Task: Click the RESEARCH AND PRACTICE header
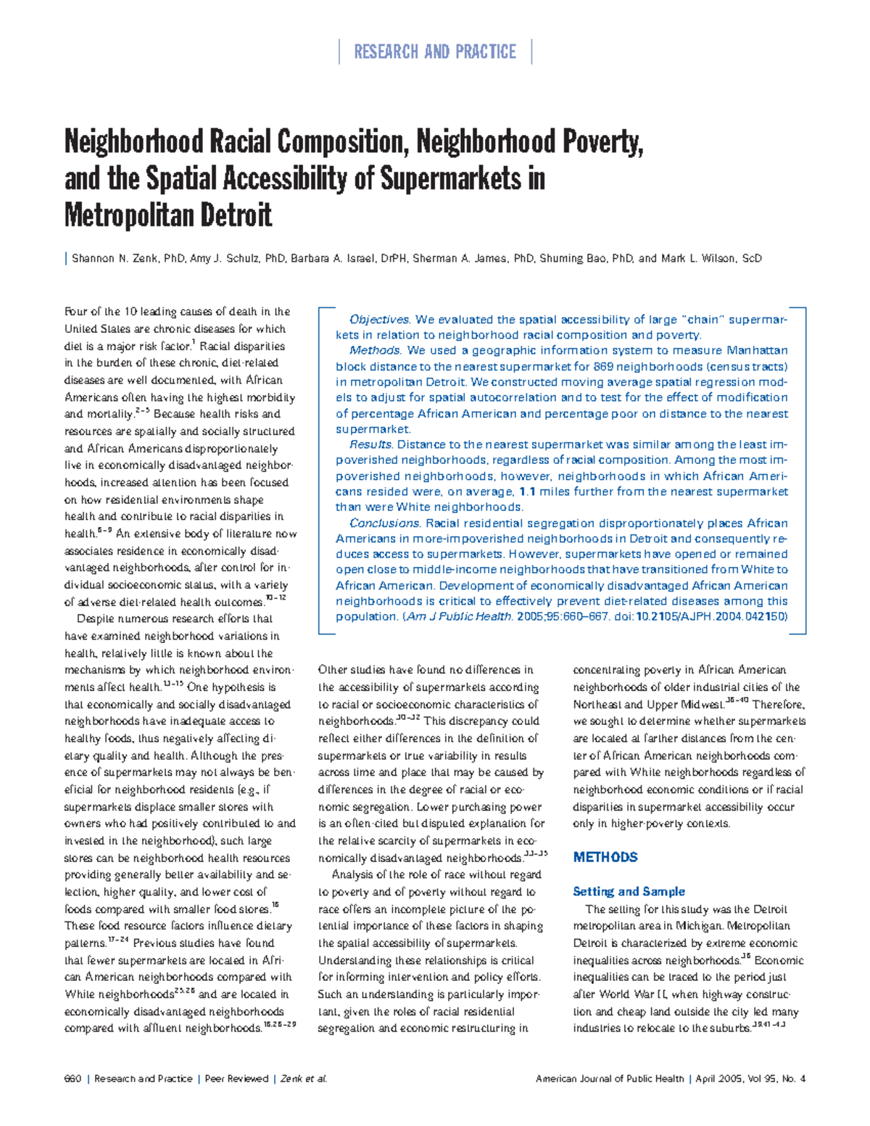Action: (435, 52)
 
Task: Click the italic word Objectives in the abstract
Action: (379, 320)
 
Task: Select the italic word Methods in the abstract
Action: (375, 351)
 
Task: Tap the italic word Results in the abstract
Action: (370, 445)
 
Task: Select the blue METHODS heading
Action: (605, 858)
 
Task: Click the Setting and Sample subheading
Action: (629, 892)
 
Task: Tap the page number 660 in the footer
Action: (72, 1079)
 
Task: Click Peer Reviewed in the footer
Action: (236, 1079)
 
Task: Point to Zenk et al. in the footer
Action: (304, 1079)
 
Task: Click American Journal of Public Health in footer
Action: (610, 1079)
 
